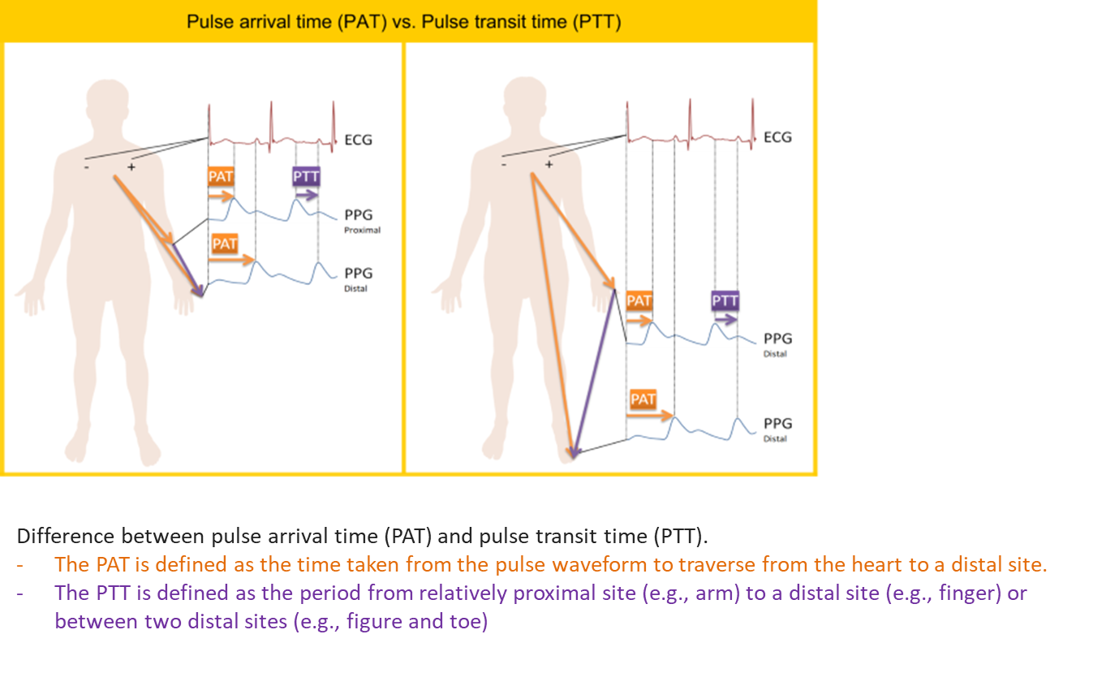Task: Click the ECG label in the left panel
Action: tap(358, 140)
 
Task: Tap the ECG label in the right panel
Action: tap(777, 137)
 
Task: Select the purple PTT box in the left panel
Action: tap(306, 176)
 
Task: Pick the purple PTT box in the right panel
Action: tap(725, 300)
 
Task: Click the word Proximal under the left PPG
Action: tap(362, 231)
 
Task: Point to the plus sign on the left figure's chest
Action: tap(131, 167)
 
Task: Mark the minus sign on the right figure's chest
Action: tap(504, 164)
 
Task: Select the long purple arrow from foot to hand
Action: tap(594, 373)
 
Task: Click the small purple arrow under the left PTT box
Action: tap(307, 195)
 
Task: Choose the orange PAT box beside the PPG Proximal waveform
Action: tap(221, 176)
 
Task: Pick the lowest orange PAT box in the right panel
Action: tap(643, 399)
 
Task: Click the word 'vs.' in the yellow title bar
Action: tap(404, 22)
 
